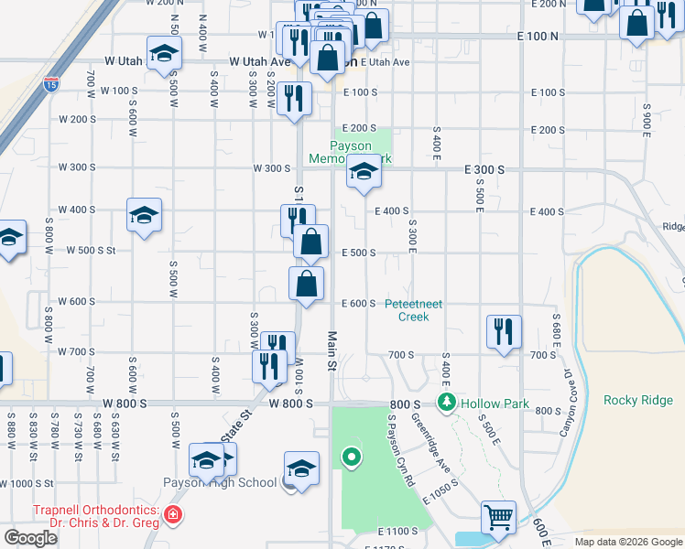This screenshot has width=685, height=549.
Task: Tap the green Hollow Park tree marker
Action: tap(447, 401)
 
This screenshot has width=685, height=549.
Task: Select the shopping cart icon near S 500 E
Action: tap(499, 518)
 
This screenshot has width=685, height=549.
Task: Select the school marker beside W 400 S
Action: tap(144, 215)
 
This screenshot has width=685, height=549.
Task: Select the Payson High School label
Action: tap(220, 482)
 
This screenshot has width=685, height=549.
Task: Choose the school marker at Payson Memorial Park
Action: tap(364, 171)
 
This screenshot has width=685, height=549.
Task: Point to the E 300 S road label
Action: tap(485, 170)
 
